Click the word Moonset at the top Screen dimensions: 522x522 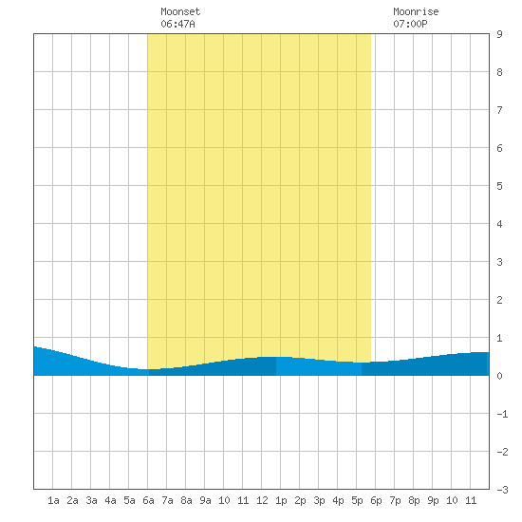coord(180,11)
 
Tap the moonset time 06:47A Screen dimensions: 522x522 coord(177,24)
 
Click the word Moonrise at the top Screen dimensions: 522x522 coord(416,11)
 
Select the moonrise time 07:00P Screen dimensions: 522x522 coord(410,24)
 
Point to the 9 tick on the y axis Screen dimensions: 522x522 coord(499,34)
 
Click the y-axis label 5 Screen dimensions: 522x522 coord(499,186)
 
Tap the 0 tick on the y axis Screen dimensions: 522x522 coord(499,376)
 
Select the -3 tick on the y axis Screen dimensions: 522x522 coord(502,490)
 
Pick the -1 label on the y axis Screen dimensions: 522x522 coord(502,414)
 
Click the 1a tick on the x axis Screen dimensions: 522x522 coord(53,500)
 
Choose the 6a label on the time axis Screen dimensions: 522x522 coord(148,500)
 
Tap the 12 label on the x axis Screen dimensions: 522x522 coord(262,500)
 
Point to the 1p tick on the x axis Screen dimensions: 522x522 coord(281,500)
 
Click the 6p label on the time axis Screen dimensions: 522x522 coord(376,500)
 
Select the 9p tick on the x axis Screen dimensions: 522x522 coord(433,500)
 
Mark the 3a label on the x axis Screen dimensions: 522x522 coord(91,500)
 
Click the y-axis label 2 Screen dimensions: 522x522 coord(499,300)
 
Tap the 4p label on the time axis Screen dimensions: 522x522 coord(338,500)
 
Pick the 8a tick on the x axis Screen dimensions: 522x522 coord(186,500)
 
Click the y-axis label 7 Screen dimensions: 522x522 coord(499,110)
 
